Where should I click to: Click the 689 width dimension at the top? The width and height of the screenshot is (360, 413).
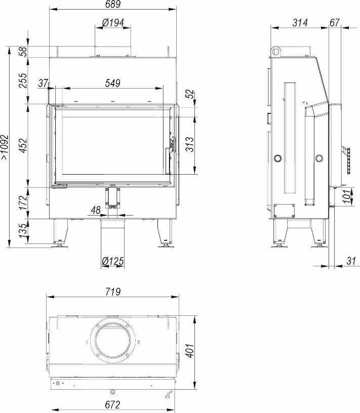(x=113, y=4)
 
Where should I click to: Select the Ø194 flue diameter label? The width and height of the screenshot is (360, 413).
(x=113, y=23)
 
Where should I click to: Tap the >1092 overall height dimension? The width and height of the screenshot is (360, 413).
(x=5, y=147)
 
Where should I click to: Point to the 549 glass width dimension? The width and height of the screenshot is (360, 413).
(x=112, y=83)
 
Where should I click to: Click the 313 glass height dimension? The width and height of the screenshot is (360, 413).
(x=189, y=144)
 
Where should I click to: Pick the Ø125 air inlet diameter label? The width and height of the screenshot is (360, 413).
(x=112, y=261)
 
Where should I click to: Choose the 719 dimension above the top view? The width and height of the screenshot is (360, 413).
(x=113, y=292)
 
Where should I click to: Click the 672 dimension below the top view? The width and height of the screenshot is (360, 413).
(x=112, y=404)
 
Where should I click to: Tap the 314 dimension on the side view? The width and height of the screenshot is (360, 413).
(x=300, y=23)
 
